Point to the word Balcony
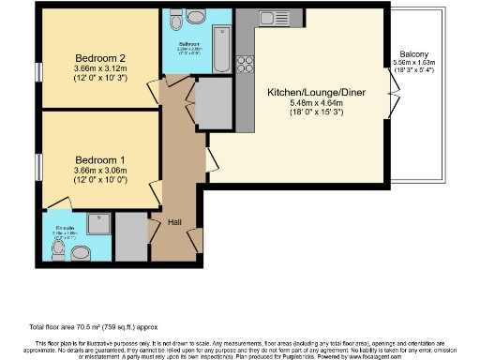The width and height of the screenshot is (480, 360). (413, 54)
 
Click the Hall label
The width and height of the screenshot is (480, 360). (174, 223)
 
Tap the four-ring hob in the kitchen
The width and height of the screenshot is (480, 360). (247, 65)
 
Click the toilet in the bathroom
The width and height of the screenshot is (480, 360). (195, 18)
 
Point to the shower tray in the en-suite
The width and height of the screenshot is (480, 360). (98, 223)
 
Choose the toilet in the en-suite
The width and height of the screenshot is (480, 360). (81, 250)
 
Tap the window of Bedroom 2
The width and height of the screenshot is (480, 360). (39, 70)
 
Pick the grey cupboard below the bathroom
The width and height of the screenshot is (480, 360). (212, 100)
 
